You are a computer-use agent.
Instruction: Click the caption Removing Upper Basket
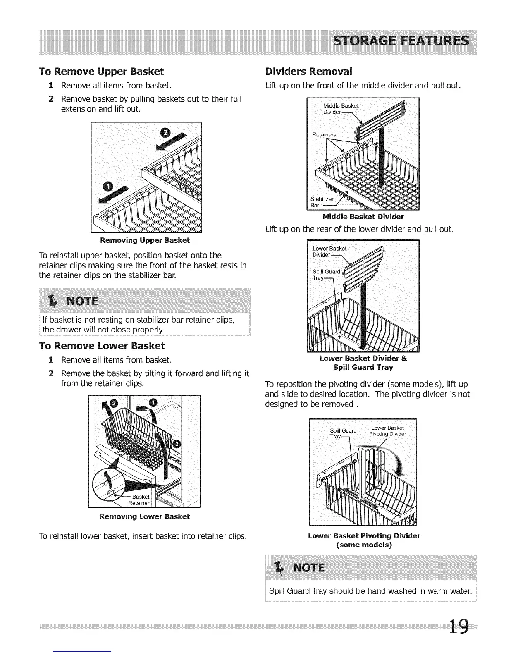(145, 240)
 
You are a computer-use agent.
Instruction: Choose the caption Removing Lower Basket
(145, 516)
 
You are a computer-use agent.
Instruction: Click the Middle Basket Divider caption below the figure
(363, 217)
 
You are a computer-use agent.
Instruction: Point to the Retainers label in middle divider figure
(324, 134)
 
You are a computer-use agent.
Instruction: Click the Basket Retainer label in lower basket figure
(139, 500)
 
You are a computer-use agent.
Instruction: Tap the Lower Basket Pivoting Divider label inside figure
(387, 431)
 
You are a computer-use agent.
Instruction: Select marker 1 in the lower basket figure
(153, 403)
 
